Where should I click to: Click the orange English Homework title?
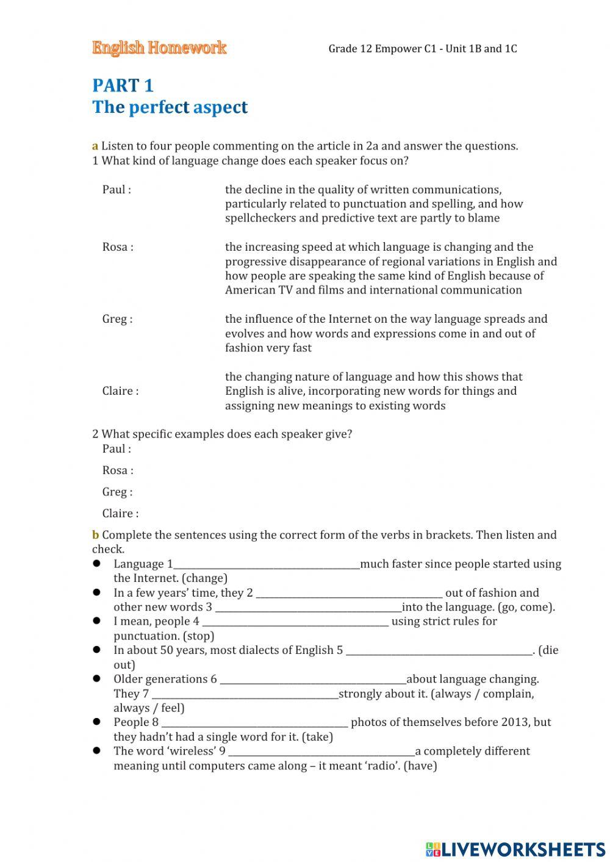click(x=159, y=48)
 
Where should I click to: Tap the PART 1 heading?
click(x=123, y=85)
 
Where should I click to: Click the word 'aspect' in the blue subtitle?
click(x=220, y=107)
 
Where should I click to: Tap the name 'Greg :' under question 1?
click(x=117, y=319)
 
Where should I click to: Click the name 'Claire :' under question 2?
click(x=120, y=514)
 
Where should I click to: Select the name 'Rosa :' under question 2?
click(x=118, y=470)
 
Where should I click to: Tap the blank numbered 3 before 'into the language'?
click(x=308, y=608)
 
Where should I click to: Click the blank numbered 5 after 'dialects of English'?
click(x=439, y=651)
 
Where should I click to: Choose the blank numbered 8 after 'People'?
click(x=254, y=723)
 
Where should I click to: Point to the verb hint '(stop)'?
click(x=199, y=636)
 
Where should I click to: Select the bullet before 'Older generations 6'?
click(x=96, y=678)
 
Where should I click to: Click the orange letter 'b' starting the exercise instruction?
click(x=95, y=536)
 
